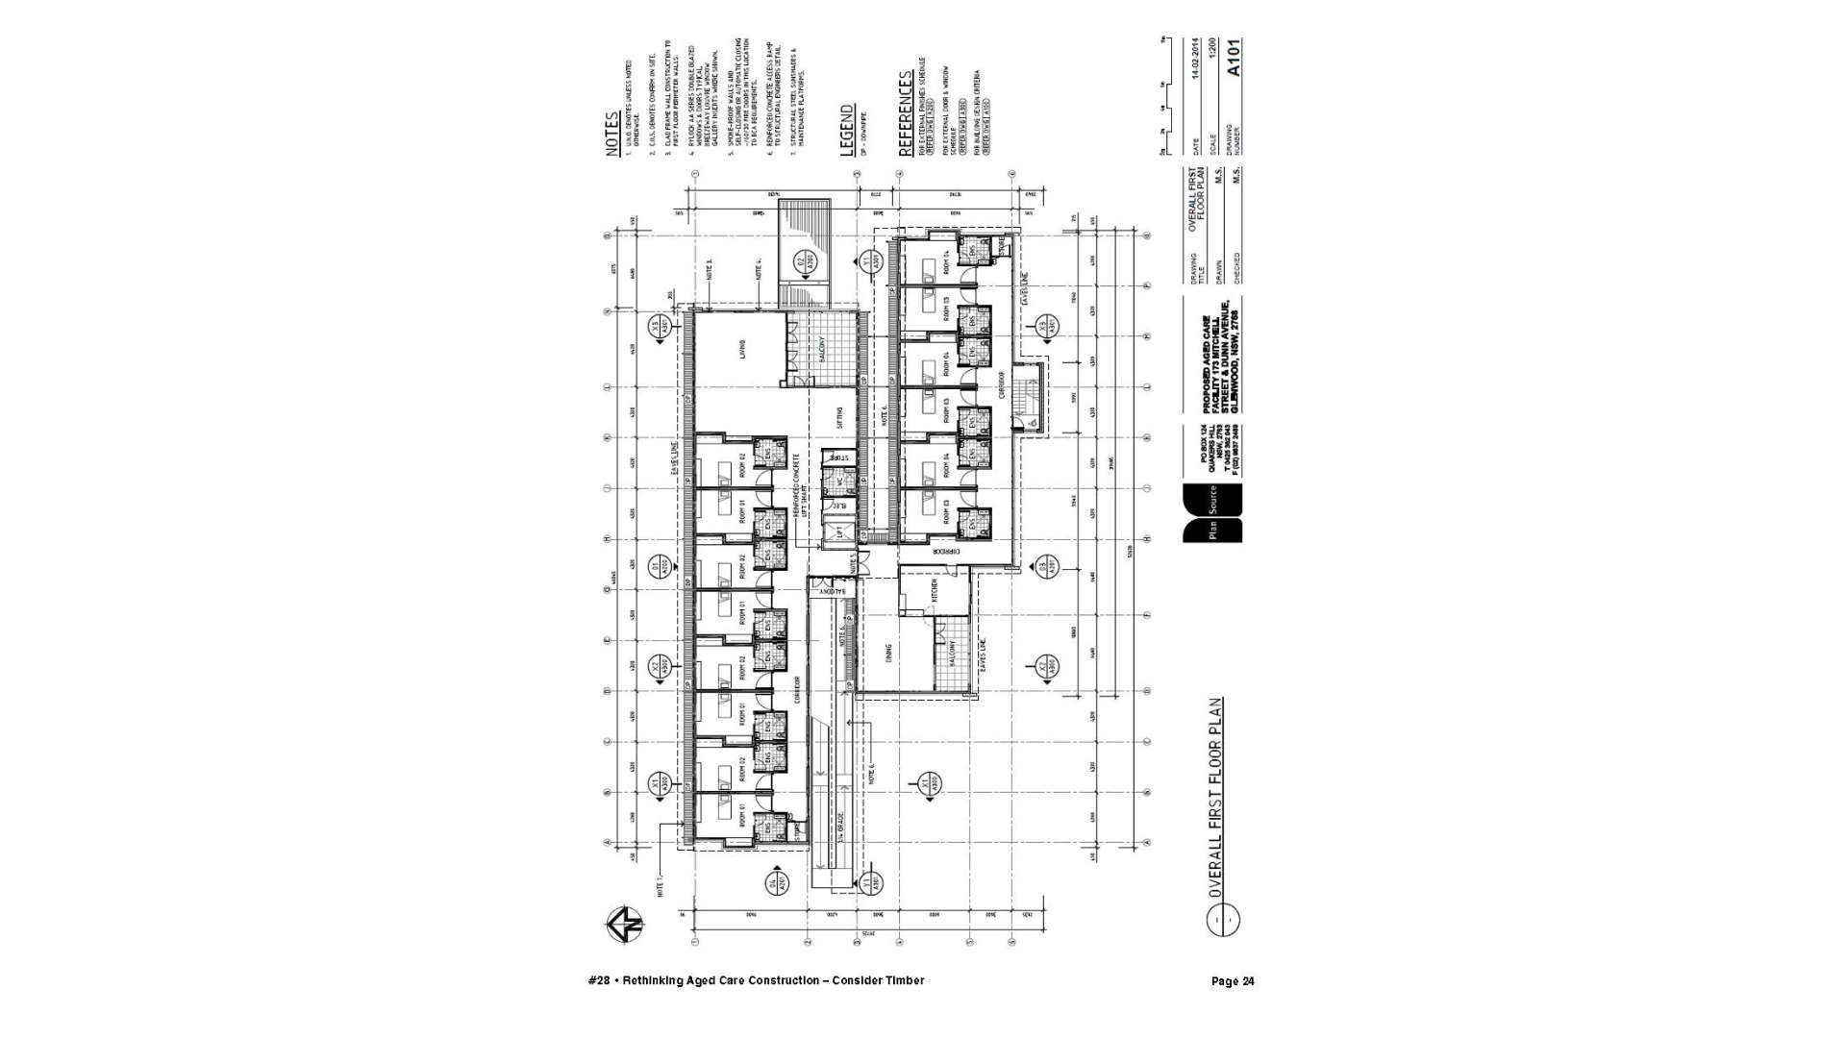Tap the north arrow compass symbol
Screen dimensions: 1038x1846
pyautogui.click(x=625, y=925)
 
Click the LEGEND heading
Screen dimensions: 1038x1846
pyautogui.click(x=847, y=130)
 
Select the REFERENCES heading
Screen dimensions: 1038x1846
pyautogui.click(x=905, y=113)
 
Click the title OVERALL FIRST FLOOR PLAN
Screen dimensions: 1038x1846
pyautogui.click(x=1217, y=797)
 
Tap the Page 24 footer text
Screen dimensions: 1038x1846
pyautogui.click(x=1233, y=981)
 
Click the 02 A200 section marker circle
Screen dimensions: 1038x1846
pyautogui.click(x=805, y=260)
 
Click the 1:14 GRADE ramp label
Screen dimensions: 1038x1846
pyautogui.click(x=839, y=846)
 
